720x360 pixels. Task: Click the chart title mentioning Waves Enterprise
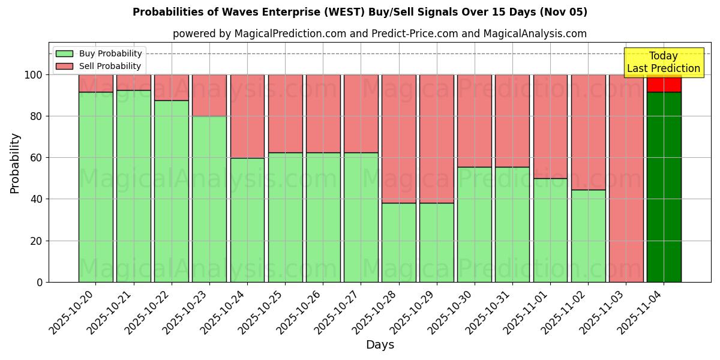(x=360, y=12)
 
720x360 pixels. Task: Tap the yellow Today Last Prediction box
(x=663, y=62)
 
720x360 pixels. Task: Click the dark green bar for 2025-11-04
(x=664, y=187)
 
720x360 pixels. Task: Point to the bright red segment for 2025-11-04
(x=664, y=84)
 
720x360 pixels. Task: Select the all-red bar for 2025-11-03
(x=626, y=178)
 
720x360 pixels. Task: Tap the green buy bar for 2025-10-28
(x=399, y=242)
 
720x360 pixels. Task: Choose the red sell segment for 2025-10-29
(x=437, y=139)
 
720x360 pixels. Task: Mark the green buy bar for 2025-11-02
(x=588, y=236)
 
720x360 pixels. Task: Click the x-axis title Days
(x=380, y=345)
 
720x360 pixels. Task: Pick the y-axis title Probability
(x=15, y=163)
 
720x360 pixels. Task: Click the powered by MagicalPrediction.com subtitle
(x=380, y=34)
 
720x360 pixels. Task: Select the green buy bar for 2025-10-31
(x=512, y=224)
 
